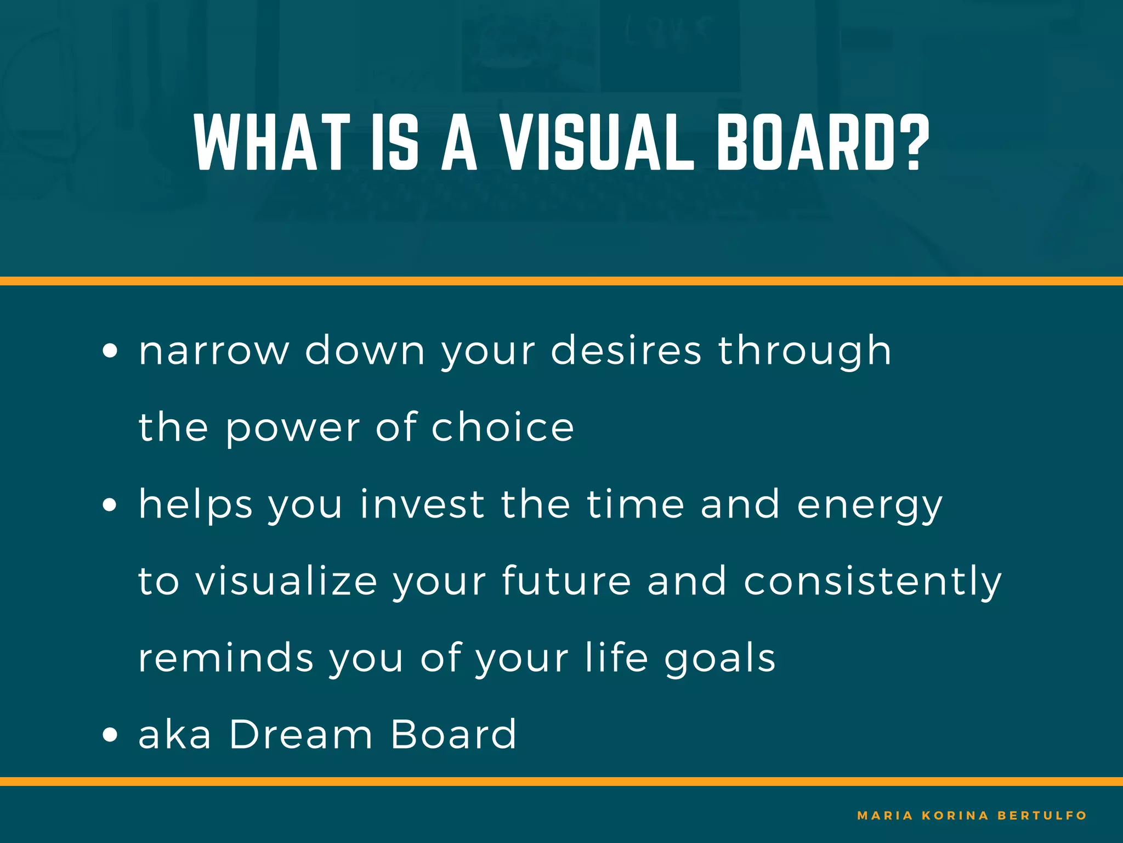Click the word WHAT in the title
tap(272, 143)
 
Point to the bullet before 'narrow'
tap(110, 351)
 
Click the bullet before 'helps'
tap(110, 505)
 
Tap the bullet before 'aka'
tap(110, 735)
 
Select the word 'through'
tap(804, 351)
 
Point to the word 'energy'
tap(869, 506)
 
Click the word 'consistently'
tap(872, 582)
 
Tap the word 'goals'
tap(720, 659)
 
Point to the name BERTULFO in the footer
tap(1042, 816)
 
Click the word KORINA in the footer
tap(955, 816)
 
